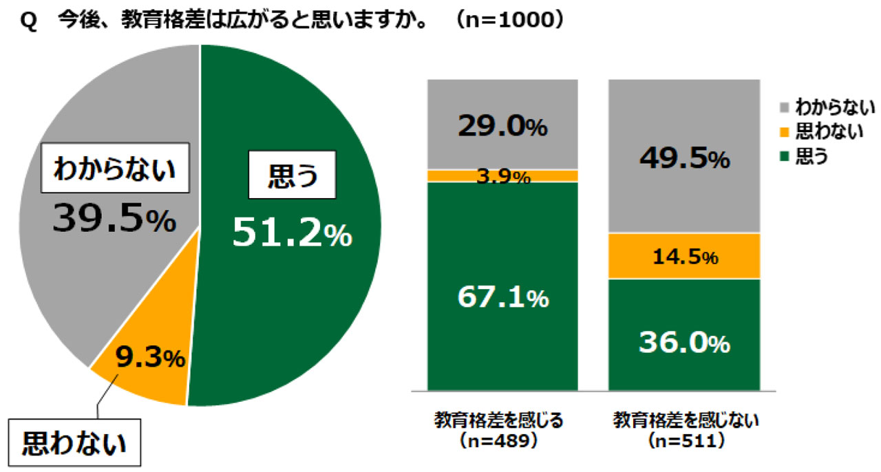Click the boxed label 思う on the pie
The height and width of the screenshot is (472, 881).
pos(292,177)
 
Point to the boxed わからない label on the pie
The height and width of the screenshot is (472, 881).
pos(115,169)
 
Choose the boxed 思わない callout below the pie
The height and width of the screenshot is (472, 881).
pos(75,442)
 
